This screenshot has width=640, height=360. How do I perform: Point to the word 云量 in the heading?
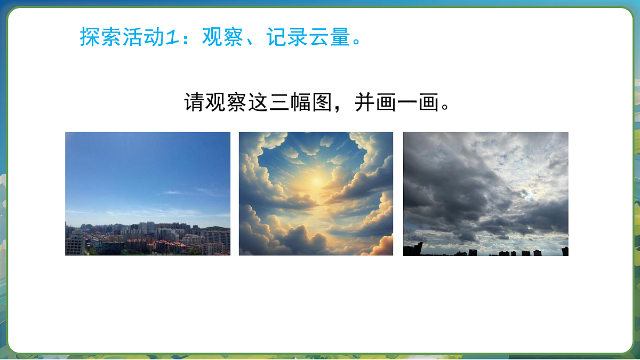(x=331, y=36)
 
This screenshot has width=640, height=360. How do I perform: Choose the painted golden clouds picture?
(x=316, y=194)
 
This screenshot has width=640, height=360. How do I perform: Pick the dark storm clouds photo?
(x=485, y=194)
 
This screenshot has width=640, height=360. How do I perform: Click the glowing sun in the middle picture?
(x=316, y=181)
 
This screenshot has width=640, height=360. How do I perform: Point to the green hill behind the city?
(x=222, y=228)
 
